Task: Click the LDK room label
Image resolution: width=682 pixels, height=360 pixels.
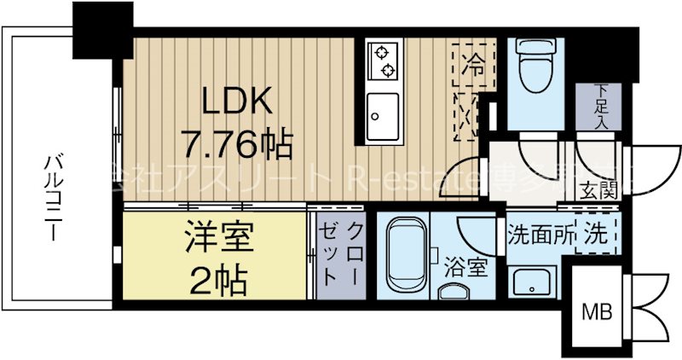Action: point(237,103)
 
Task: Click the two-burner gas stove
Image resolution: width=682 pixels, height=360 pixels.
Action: point(384,61)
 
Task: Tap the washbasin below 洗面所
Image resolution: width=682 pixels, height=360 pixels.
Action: point(533,280)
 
